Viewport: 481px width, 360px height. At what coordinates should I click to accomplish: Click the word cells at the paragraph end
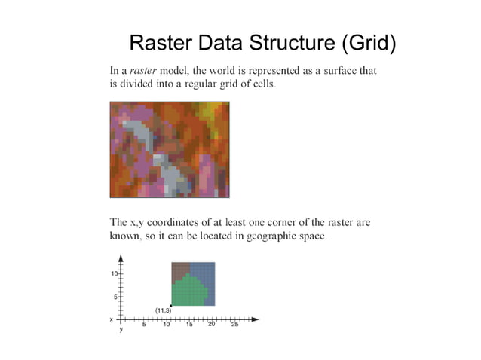click(x=263, y=84)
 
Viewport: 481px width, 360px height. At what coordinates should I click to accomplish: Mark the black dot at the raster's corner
click(x=172, y=305)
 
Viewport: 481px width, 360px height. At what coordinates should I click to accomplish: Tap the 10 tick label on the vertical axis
click(x=114, y=273)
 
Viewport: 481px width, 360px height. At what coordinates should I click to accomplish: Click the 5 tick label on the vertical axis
click(x=115, y=297)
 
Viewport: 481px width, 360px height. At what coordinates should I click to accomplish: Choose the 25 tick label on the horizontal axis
click(x=234, y=325)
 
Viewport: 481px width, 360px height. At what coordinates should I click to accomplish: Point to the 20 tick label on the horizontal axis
click(x=212, y=325)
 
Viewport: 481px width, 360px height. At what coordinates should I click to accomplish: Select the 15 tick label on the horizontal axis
click(x=189, y=325)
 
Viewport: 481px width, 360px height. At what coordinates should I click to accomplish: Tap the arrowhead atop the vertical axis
click(x=121, y=258)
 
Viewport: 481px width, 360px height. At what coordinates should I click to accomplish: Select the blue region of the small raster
click(x=206, y=275)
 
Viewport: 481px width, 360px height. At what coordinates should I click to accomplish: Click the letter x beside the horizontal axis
click(x=112, y=319)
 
